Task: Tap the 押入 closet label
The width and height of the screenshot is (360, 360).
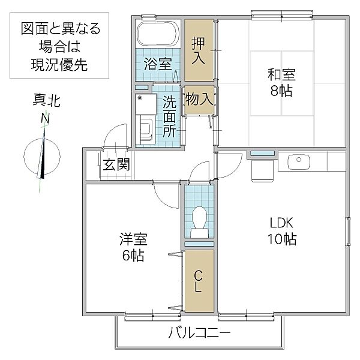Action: pyautogui.click(x=199, y=52)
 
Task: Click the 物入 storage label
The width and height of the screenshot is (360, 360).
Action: pyautogui.click(x=199, y=99)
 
